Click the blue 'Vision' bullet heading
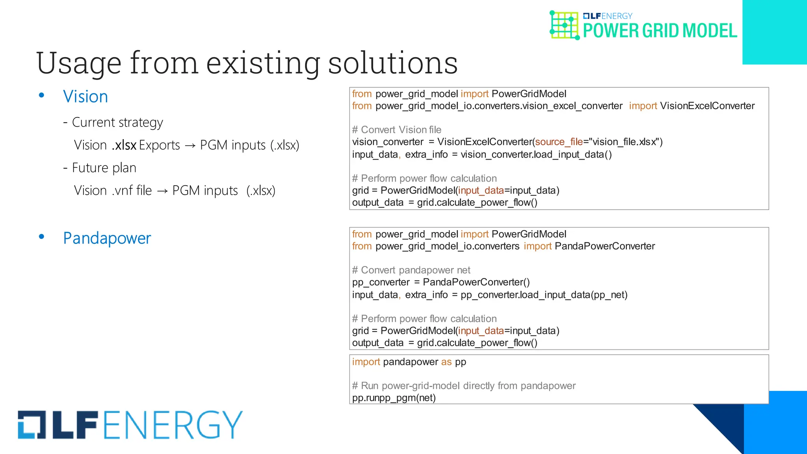point(86,97)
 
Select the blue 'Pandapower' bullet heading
point(107,238)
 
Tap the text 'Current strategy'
point(117,123)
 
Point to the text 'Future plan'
point(104,168)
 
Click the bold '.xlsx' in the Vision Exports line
point(124,145)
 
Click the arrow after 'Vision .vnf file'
point(162,191)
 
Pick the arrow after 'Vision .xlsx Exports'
point(190,146)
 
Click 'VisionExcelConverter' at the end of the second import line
point(707,106)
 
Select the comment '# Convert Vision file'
point(396,130)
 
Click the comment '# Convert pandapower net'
point(411,270)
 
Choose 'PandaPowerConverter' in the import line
point(604,246)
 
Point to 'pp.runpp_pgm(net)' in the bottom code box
point(394,398)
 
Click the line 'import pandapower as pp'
point(409,362)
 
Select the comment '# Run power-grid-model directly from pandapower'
point(463,386)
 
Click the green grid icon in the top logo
point(564,25)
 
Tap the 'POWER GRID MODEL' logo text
point(660,31)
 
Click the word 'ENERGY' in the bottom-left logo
point(173,425)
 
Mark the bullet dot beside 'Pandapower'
point(41,237)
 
